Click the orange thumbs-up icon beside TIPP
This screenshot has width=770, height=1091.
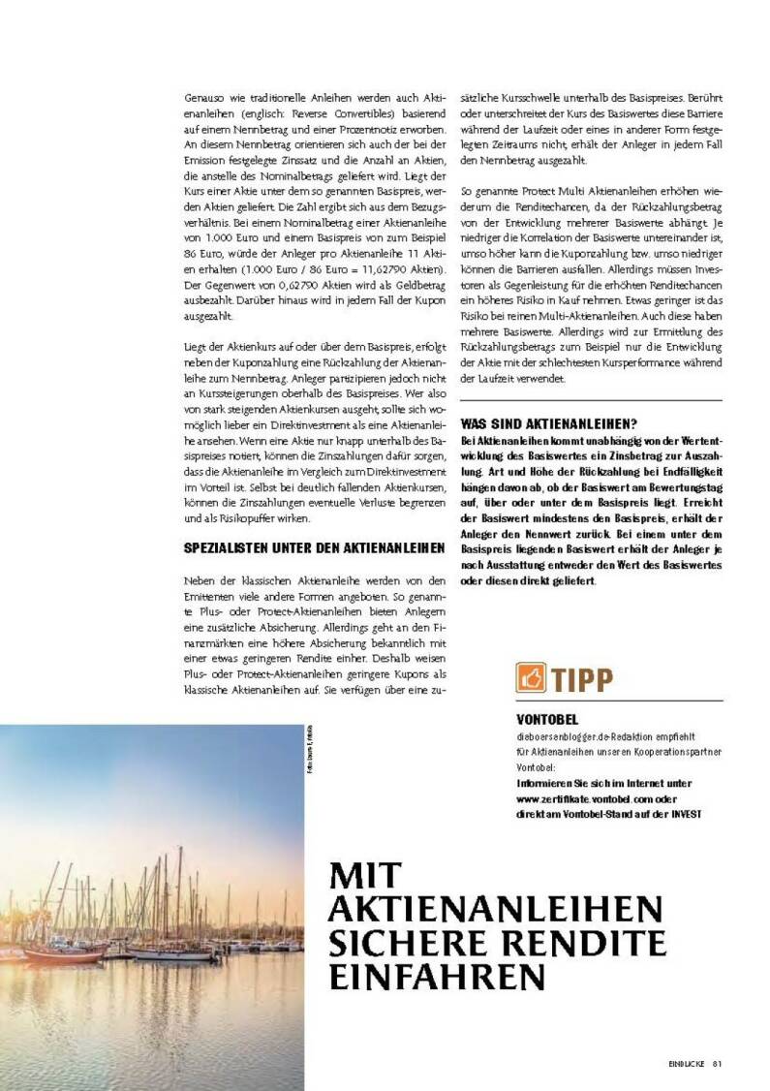click(x=531, y=678)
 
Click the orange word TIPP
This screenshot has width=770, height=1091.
click(x=582, y=679)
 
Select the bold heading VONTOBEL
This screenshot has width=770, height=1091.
click(x=547, y=720)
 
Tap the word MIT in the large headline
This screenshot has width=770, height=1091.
click(x=364, y=876)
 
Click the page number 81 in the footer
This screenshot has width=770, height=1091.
click(x=718, y=1063)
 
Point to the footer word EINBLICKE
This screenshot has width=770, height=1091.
click(x=686, y=1063)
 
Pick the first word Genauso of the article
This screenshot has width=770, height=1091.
click(x=203, y=98)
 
